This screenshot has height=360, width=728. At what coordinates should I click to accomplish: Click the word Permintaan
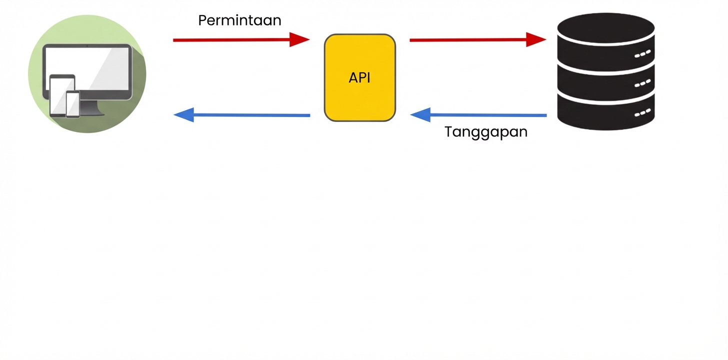coord(239,20)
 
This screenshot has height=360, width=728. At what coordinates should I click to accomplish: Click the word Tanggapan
coord(486,132)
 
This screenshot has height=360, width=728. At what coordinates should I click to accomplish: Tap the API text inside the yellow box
coord(359,78)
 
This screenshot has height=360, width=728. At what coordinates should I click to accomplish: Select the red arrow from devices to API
coord(235,39)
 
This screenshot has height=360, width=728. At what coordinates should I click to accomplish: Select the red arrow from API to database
coord(470,39)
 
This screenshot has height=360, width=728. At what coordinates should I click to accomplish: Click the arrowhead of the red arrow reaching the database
coord(536,39)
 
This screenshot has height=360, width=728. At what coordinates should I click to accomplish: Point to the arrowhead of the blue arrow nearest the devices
coord(183,114)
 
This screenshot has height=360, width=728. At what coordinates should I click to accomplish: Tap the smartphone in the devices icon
coord(73,104)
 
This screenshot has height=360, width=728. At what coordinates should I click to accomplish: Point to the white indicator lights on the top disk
coord(642,53)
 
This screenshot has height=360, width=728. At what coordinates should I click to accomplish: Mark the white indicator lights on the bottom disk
coord(642,113)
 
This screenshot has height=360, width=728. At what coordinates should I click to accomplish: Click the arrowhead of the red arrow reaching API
coord(299,39)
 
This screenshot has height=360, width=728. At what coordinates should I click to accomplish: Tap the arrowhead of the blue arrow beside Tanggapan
coord(420,114)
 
